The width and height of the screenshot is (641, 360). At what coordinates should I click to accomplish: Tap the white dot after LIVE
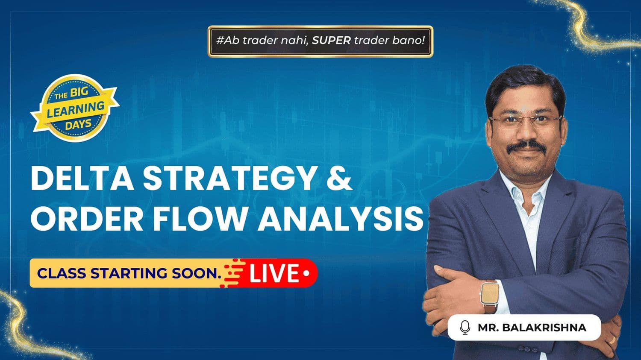(x=306, y=273)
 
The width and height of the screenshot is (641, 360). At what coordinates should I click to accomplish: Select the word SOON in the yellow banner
(x=197, y=273)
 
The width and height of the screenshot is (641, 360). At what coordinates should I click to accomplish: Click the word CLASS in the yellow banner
(x=62, y=273)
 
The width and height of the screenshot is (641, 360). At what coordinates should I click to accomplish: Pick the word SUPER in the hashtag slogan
(x=331, y=41)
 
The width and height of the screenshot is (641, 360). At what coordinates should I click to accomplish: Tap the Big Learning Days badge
(x=75, y=108)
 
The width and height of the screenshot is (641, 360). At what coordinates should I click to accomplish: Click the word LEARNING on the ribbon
(x=76, y=110)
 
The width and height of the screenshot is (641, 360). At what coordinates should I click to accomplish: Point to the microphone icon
(x=465, y=328)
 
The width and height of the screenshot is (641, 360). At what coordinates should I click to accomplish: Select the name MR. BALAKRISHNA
(x=532, y=328)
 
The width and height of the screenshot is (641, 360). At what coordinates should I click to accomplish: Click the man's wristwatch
(x=490, y=296)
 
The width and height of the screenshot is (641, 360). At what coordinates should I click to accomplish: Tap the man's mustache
(x=526, y=146)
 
